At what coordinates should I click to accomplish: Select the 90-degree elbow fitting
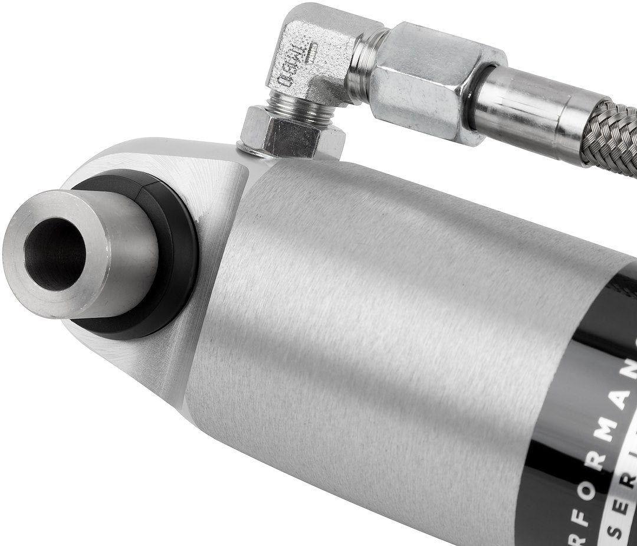pos(313,53)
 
